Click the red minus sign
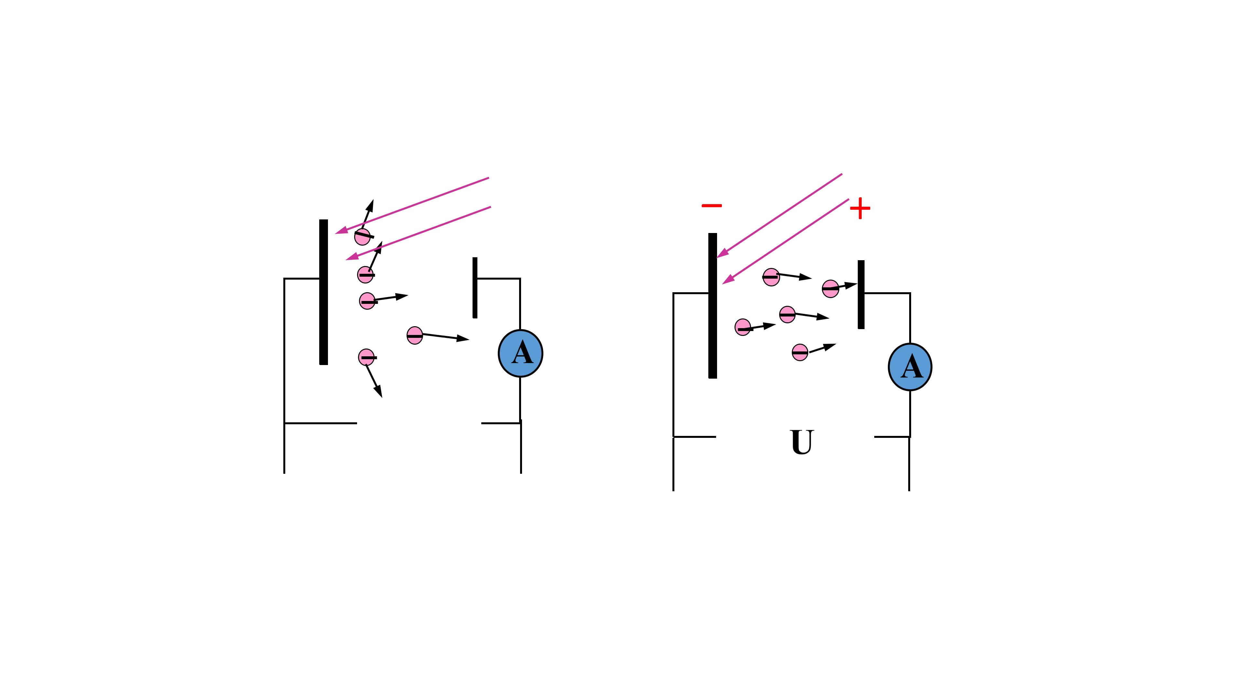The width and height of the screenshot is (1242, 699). coord(712,205)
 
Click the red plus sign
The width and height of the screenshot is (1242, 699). coord(860,209)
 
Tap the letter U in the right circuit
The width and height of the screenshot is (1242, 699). coord(802,442)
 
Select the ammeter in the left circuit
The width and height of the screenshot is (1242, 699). coord(521,353)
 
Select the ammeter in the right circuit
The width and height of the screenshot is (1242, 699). coord(910,367)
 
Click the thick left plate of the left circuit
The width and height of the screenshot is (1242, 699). coord(323,292)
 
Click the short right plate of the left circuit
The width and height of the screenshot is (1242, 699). coord(475,287)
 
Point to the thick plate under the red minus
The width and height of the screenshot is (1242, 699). coord(713,306)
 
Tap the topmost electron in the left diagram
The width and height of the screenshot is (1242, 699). coord(363,236)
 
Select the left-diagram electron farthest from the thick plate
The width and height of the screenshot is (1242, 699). coord(415,335)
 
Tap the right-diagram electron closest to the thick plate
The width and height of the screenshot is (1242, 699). coord(743,327)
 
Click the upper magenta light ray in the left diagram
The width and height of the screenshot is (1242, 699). coord(412,205)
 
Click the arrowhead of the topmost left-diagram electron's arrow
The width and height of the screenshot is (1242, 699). coord(370,205)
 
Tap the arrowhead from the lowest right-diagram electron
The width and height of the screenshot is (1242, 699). coord(829,346)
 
